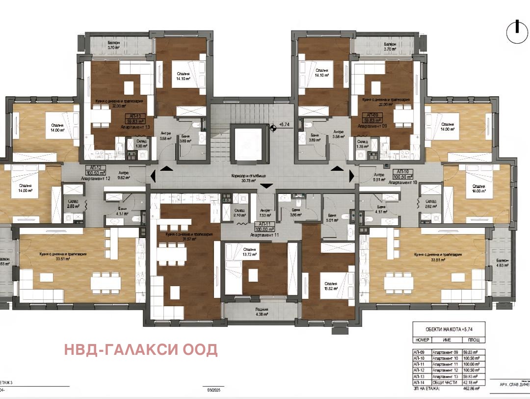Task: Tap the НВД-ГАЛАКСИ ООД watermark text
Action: (x=140, y=349)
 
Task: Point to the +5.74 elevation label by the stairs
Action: (x=284, y=125)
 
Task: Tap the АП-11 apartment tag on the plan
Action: (x=265, y=226)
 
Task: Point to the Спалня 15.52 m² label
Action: (x=329, y=287)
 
